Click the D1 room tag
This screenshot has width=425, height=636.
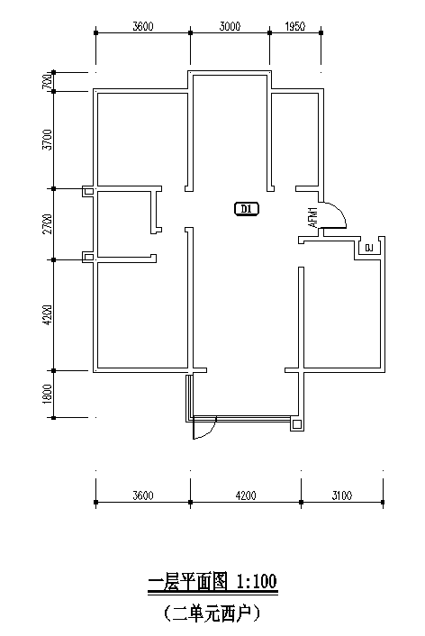(x=247, y=209)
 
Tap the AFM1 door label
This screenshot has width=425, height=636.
(x=313, y=217)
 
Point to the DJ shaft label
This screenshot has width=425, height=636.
(x=368, y=248)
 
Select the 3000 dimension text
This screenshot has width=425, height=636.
(x=230, y=27)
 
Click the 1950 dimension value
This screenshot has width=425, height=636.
(x=295, y=27)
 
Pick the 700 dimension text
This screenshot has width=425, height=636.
(x=47, y=82)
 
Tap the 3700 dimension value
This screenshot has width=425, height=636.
(x=48, y=140)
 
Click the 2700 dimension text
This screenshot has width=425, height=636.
(x=48, y=224)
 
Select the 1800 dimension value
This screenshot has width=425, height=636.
(x=48, y=394)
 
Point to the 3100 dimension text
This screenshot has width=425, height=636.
(x=342, y=495)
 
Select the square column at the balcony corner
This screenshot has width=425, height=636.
(x=297, y=424)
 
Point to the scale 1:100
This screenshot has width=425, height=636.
(x=257, y=582)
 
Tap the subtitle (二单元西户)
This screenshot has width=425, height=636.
(x=212, y=614)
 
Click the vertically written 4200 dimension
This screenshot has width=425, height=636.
(x=48, y=314)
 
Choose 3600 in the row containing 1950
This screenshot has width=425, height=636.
(x=143, y=27)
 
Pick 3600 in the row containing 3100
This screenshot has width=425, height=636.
(x=143, y=495)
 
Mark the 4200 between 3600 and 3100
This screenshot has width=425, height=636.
(x=246, y=495)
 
